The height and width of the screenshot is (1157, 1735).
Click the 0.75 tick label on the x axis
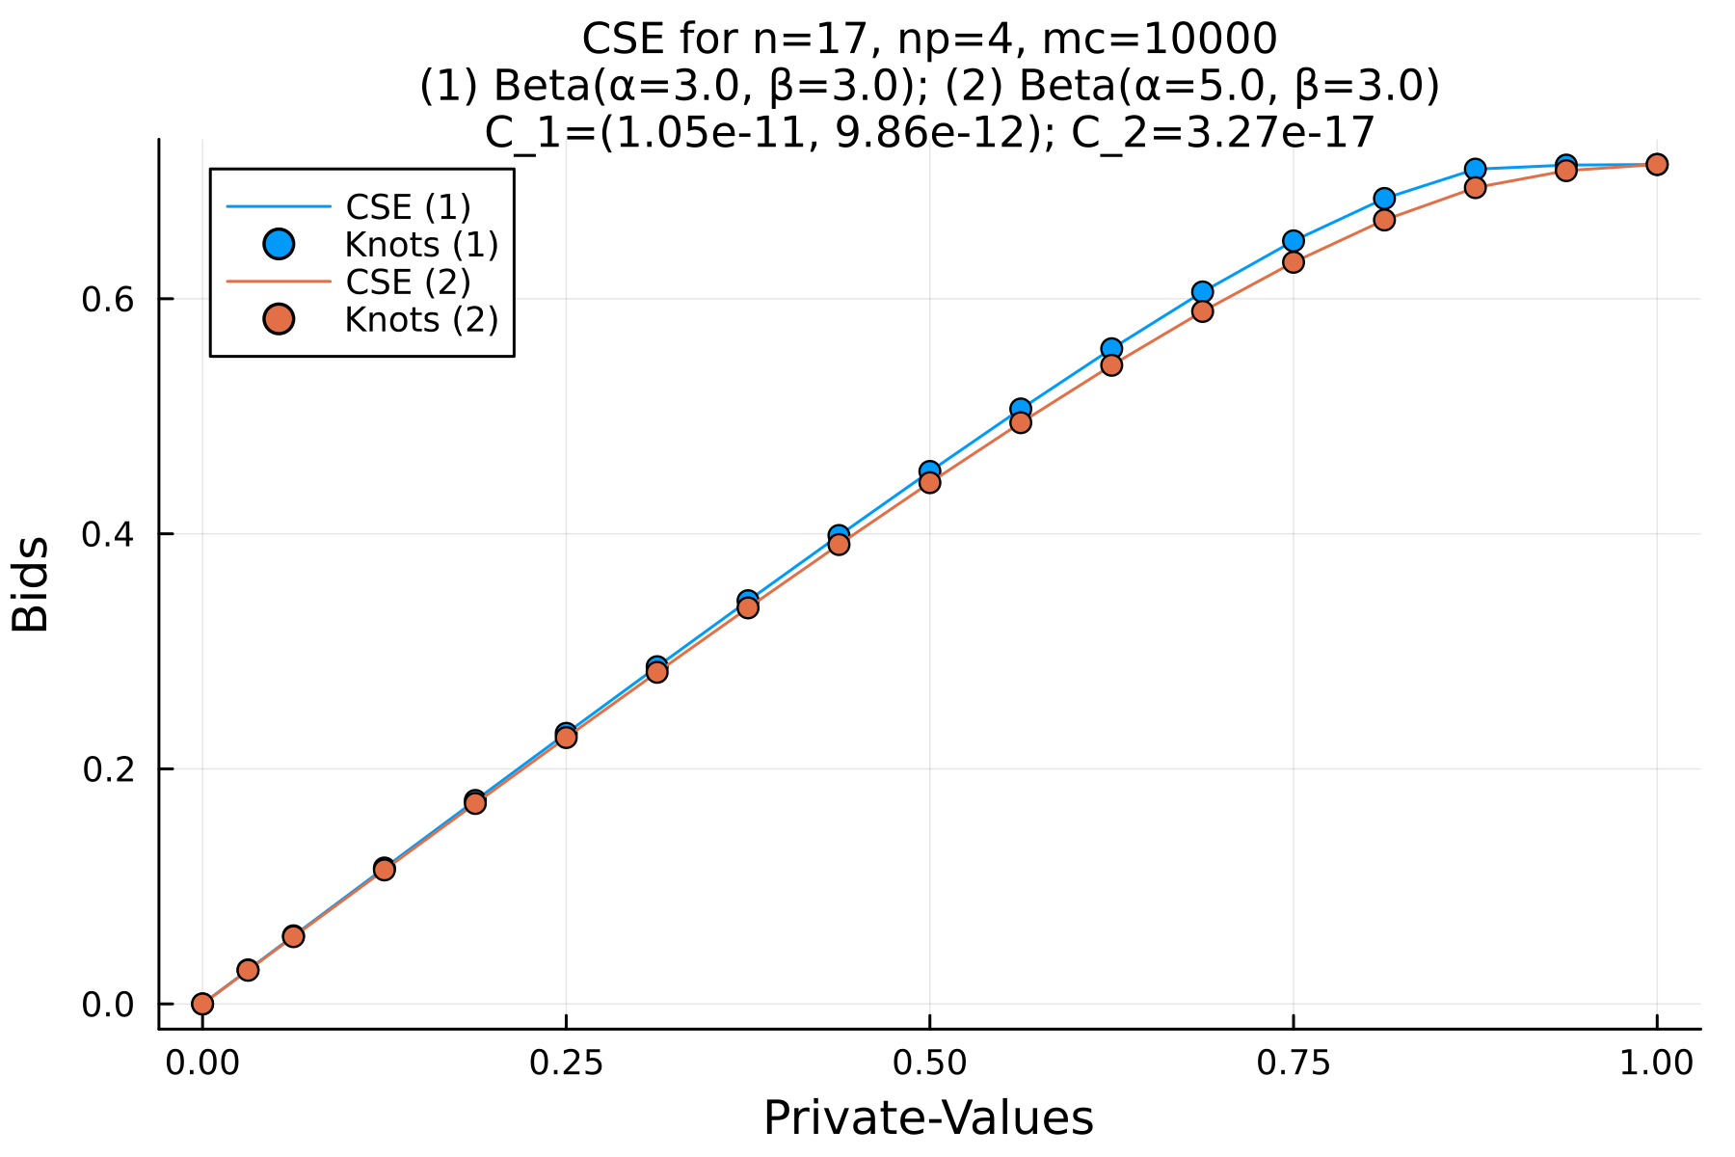click(x=1293, y=1063)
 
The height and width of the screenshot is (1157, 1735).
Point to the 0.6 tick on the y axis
click(x=105, y=299)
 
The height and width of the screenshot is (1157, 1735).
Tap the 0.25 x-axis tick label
click(x=566, y=1063)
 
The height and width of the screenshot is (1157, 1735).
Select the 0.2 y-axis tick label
click(x=105, y=769)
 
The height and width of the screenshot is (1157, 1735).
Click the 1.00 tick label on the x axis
click(x=1656, y=1063)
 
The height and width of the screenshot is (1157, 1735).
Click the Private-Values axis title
click(x=928, y=1119)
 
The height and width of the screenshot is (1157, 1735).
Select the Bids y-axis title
click(x=31, y=584)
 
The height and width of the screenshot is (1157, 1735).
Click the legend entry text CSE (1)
click(x=408, y=206)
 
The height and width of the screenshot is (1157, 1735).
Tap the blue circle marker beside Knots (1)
click(x=279, y=244)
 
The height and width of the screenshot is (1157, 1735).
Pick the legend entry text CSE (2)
click(x=408, y=282)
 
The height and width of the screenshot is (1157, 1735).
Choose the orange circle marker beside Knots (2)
click(x=279, y=319)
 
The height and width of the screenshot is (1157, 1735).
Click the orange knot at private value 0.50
click(x=929, y=482)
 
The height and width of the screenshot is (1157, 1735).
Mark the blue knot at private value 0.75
click(x=1294, y=241)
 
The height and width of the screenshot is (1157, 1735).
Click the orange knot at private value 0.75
click(x=1294, y=262)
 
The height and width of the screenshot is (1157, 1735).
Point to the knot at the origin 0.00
click(x=202, y=1004)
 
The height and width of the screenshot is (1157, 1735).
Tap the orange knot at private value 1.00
click(x=1657, y=165)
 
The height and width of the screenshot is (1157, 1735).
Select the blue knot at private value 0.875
click(x=1475, y=170)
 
